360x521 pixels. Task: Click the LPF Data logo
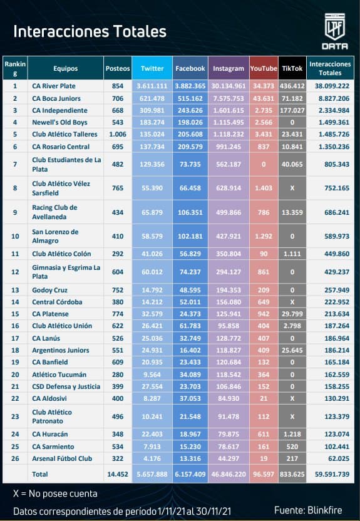[335, 31]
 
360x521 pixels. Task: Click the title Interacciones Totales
[90, 31]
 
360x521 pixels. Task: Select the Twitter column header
[152, 68]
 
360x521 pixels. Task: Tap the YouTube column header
[264, 68]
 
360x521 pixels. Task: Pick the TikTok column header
[292, 68]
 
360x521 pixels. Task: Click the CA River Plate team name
[54, 86]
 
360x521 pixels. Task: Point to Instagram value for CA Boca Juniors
[229, 98]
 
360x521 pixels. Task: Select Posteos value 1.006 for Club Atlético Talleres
[118, 134]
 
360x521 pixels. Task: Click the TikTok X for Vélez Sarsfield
[292, 188]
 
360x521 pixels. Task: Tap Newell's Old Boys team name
[59, 122]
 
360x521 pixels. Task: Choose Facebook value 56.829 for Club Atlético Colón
[190, 254]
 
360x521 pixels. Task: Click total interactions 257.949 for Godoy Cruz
[337, 290]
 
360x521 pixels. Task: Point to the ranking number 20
[15, 374]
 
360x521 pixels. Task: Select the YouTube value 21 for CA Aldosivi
[264, 398]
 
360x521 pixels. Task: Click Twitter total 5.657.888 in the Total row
[152, 474]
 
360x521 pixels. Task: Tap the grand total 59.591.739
[332, 474]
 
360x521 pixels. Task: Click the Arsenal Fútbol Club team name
[62, 458]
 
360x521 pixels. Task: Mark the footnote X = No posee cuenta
[55, 493]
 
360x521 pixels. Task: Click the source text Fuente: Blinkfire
[308, 510]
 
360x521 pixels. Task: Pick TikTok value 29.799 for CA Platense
[292, 314]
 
